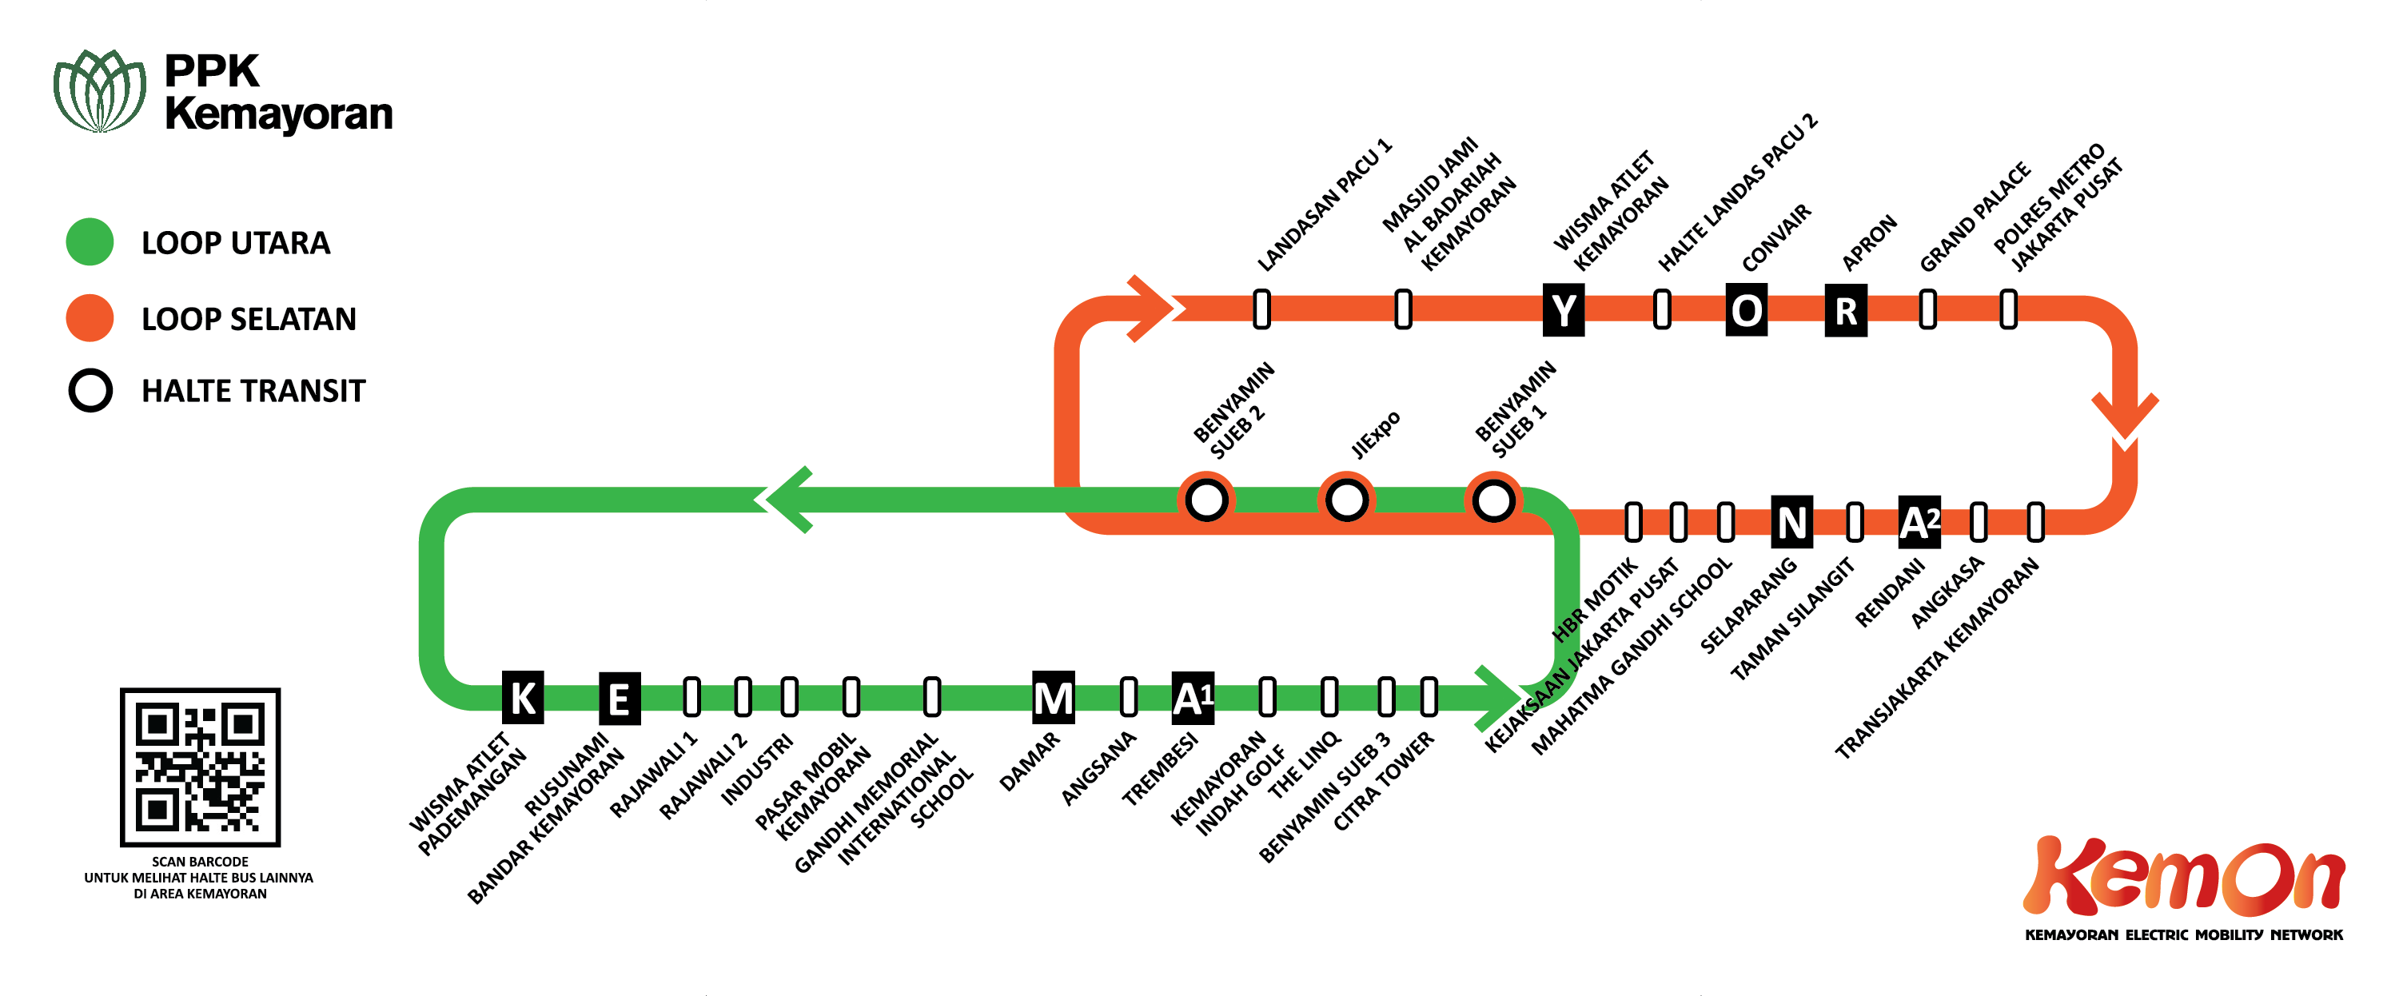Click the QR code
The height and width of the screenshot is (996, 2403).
[200, 767]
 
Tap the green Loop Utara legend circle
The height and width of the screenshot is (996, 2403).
[90, 241]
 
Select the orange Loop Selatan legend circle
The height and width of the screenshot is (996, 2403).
[90, 318]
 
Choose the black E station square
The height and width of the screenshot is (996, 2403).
[619, 698]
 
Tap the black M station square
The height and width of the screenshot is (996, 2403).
[1053, 697]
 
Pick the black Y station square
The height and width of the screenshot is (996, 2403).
[1564, 309]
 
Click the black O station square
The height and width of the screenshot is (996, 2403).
[1746, 309]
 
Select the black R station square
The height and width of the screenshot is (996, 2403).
[1845, 309]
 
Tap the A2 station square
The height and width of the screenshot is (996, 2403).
[1920, 522]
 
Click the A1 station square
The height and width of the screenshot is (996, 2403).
[1193, 697]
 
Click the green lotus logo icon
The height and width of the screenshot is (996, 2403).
[100, 90]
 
